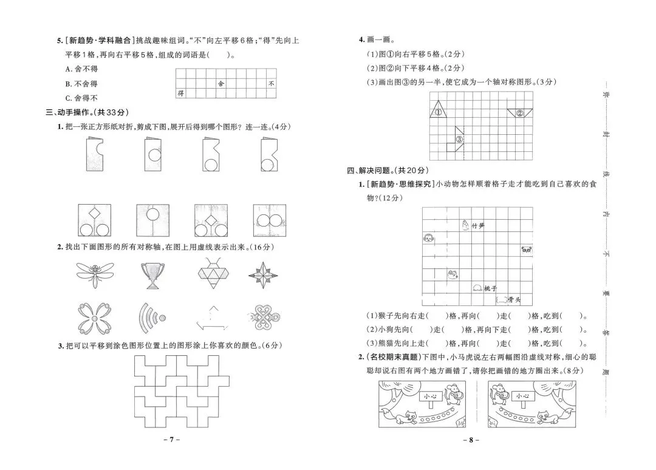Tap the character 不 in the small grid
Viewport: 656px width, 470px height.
click(271, 84)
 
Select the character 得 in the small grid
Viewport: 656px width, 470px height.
click(180, 94)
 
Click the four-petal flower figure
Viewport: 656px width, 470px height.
click(95, 317)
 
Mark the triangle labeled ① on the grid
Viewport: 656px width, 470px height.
click(438, 111)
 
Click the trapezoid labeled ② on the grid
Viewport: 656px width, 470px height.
click(520, 113)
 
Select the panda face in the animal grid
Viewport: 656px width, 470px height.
click(526, 250)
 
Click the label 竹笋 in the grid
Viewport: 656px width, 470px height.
click(478, 226)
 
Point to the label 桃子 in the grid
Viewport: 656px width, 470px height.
click(491, 288)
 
